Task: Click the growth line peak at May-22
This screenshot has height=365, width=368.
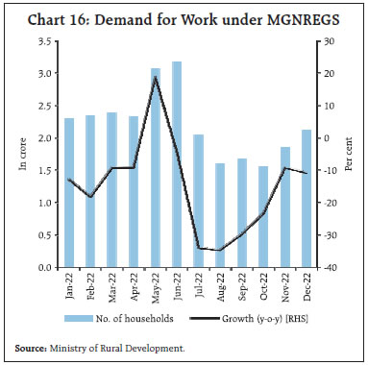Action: point(155,77)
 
